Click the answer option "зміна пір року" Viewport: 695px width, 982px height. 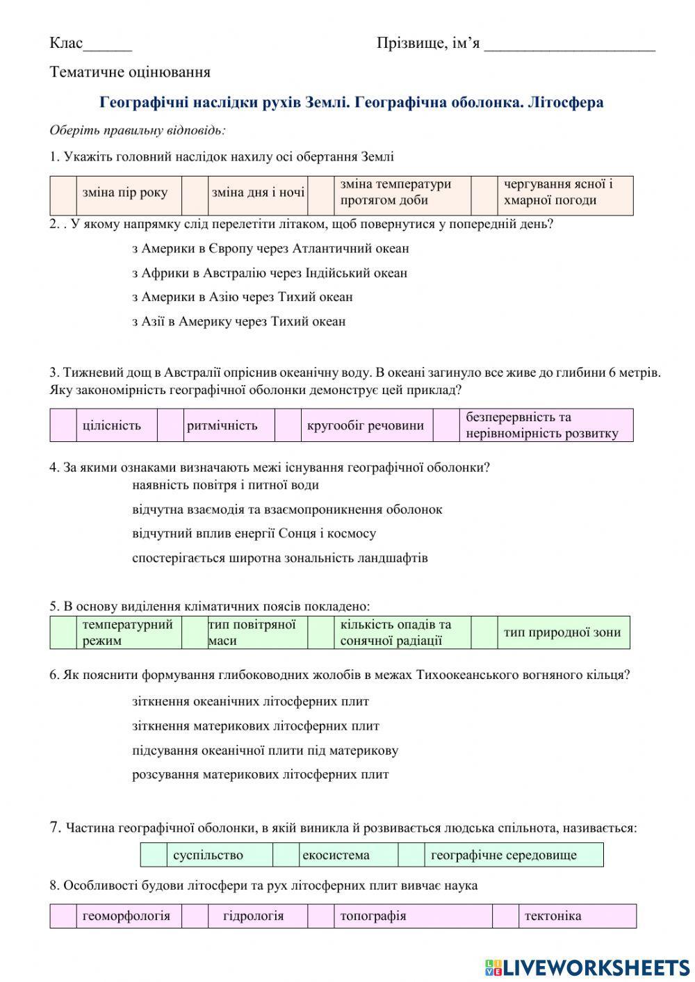[x=125, y=193]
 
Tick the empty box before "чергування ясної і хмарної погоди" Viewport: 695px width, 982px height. [x=484, y=195]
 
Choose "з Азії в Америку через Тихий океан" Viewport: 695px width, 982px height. [x=238, y=321]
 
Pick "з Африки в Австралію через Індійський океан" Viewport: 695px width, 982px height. [x=270, y=272]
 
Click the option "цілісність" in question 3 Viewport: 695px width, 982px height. [x=111, y=425]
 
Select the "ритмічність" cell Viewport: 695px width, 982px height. [x=222, y=425]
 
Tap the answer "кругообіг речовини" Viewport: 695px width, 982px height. [x=366, y=425]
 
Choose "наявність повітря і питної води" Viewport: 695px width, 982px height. [x=225, y=485]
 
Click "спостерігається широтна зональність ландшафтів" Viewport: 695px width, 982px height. [x=279, y=557]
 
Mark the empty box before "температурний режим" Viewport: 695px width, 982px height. [x=63, y=632]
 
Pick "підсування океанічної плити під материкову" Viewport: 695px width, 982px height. [x=265, y=751]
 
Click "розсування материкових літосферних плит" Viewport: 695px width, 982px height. [x=260, y=774]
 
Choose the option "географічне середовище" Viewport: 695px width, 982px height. [x=504, y=855]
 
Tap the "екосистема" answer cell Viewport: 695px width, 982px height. [x=336, y=855]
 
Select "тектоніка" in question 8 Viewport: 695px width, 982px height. [x=553, y=916]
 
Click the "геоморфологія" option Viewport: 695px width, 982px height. [x=126, y=916]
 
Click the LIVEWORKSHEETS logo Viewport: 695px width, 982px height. [x=587, y=967]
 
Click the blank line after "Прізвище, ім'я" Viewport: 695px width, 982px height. [x=569, y=44]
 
